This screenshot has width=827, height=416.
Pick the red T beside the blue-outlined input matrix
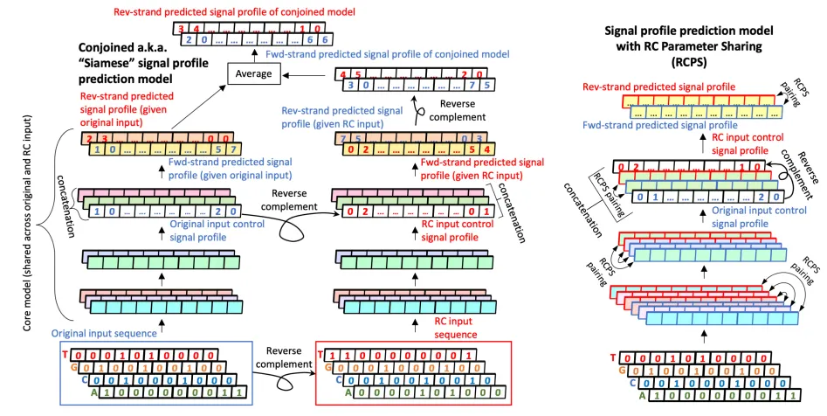[x=64, y=356]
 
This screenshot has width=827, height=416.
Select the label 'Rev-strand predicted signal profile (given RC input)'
[x=354, y=118]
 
